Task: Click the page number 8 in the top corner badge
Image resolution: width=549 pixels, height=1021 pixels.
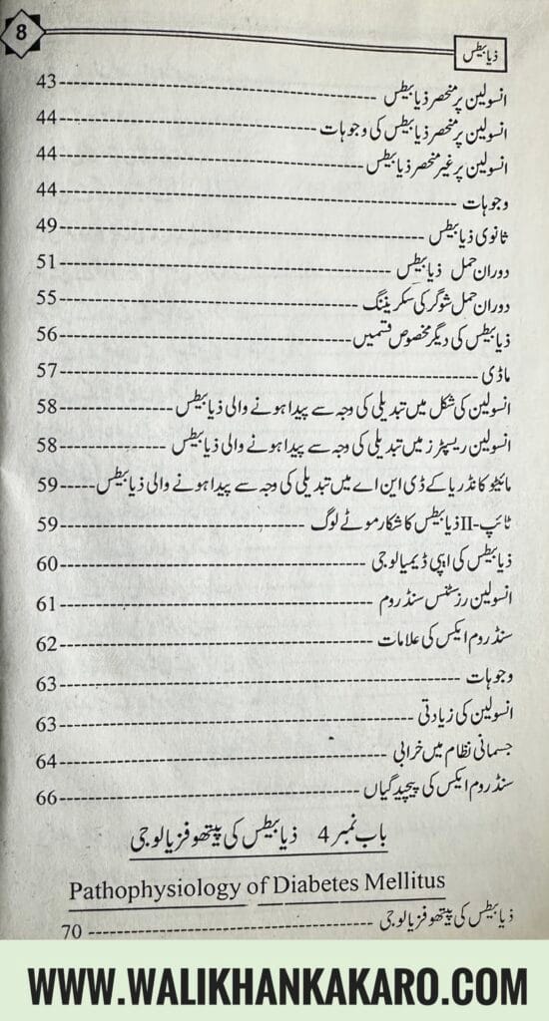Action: click(x=19, y=33)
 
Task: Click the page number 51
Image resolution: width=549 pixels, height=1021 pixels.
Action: click(x=49, y=262)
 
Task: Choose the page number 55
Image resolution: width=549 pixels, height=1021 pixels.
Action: click(x=49, y=297)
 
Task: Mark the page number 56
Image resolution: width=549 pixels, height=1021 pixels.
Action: click(x=49, y=334)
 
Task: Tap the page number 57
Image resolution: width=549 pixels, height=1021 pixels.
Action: click(x=49, y=370)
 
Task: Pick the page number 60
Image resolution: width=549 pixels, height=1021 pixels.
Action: click(x=49, y=563)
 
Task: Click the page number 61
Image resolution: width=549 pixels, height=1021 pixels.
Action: click(x=49, y=604)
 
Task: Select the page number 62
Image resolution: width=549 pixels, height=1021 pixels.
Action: click(x=49, y=644)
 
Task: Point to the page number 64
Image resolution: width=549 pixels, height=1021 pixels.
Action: click(x=49, y=761)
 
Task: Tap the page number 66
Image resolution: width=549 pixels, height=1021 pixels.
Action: click(x=49, y=798)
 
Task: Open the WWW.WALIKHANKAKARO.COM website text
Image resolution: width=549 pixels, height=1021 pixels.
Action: click(x=274, y=986)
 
